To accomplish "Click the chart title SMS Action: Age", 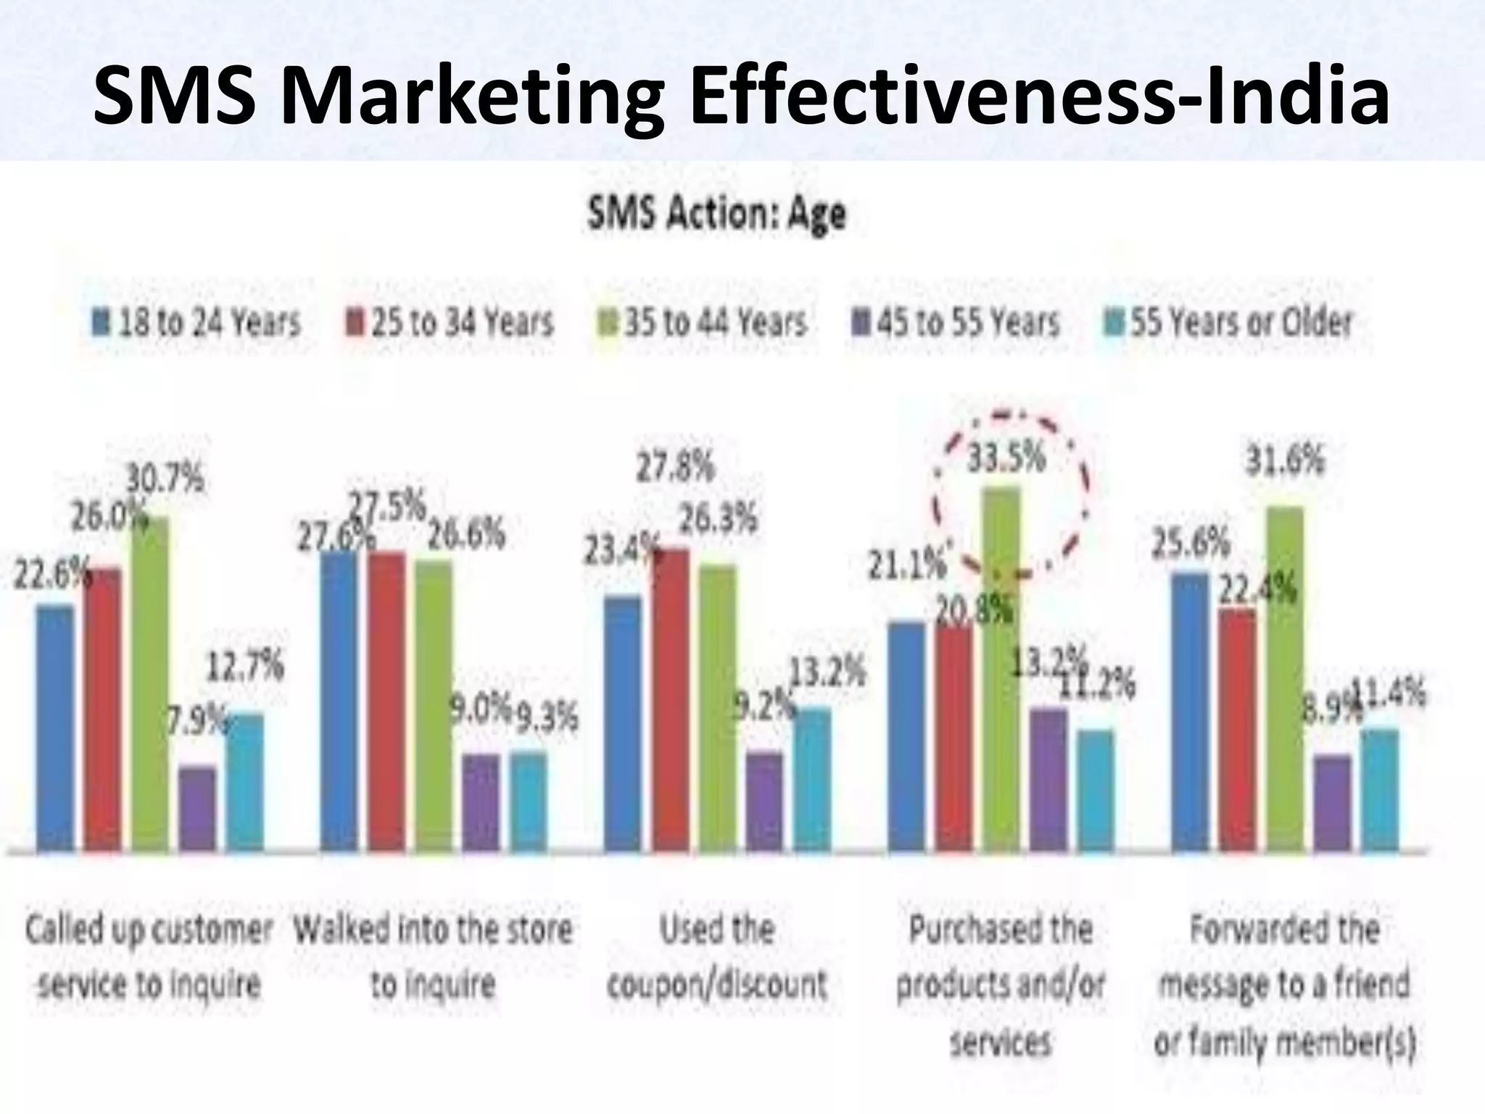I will coord(716,214).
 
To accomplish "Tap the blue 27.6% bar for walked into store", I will coord(339,700).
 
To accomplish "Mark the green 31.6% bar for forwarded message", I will coord(1284,678).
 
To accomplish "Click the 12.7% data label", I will coord(246,666).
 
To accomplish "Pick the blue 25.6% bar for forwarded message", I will coord(1190,711).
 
